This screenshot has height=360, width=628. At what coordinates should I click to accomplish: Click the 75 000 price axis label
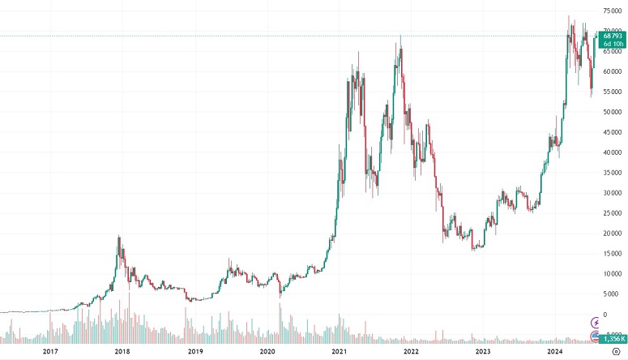tap(613, 11)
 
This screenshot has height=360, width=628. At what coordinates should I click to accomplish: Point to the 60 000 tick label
tap(613, 71)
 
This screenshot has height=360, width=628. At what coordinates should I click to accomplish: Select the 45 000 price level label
tap(613, 132)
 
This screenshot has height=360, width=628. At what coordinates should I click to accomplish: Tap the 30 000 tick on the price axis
tap(613, 193)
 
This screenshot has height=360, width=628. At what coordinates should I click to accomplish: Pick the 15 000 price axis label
tap(613, 254)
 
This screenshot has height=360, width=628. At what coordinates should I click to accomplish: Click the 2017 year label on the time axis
tap(50, 351)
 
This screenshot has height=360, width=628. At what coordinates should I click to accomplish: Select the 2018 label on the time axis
tap(122, 351)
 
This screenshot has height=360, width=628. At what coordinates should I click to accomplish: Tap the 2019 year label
tap(194, 351)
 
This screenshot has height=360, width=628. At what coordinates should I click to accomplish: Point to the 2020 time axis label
tap(267, 351)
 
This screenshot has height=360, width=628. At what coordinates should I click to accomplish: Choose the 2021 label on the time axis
tap(340, 351)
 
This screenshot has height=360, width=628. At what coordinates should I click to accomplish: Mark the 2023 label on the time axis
tap(483, 351)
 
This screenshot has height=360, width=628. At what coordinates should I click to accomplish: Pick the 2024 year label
tap(555, 351)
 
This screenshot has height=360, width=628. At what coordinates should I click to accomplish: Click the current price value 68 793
tap(613, 36)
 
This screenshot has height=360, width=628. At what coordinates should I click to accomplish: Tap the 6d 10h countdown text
tap(613, 44)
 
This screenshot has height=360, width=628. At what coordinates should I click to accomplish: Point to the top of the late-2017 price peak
tap(119, 236)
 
